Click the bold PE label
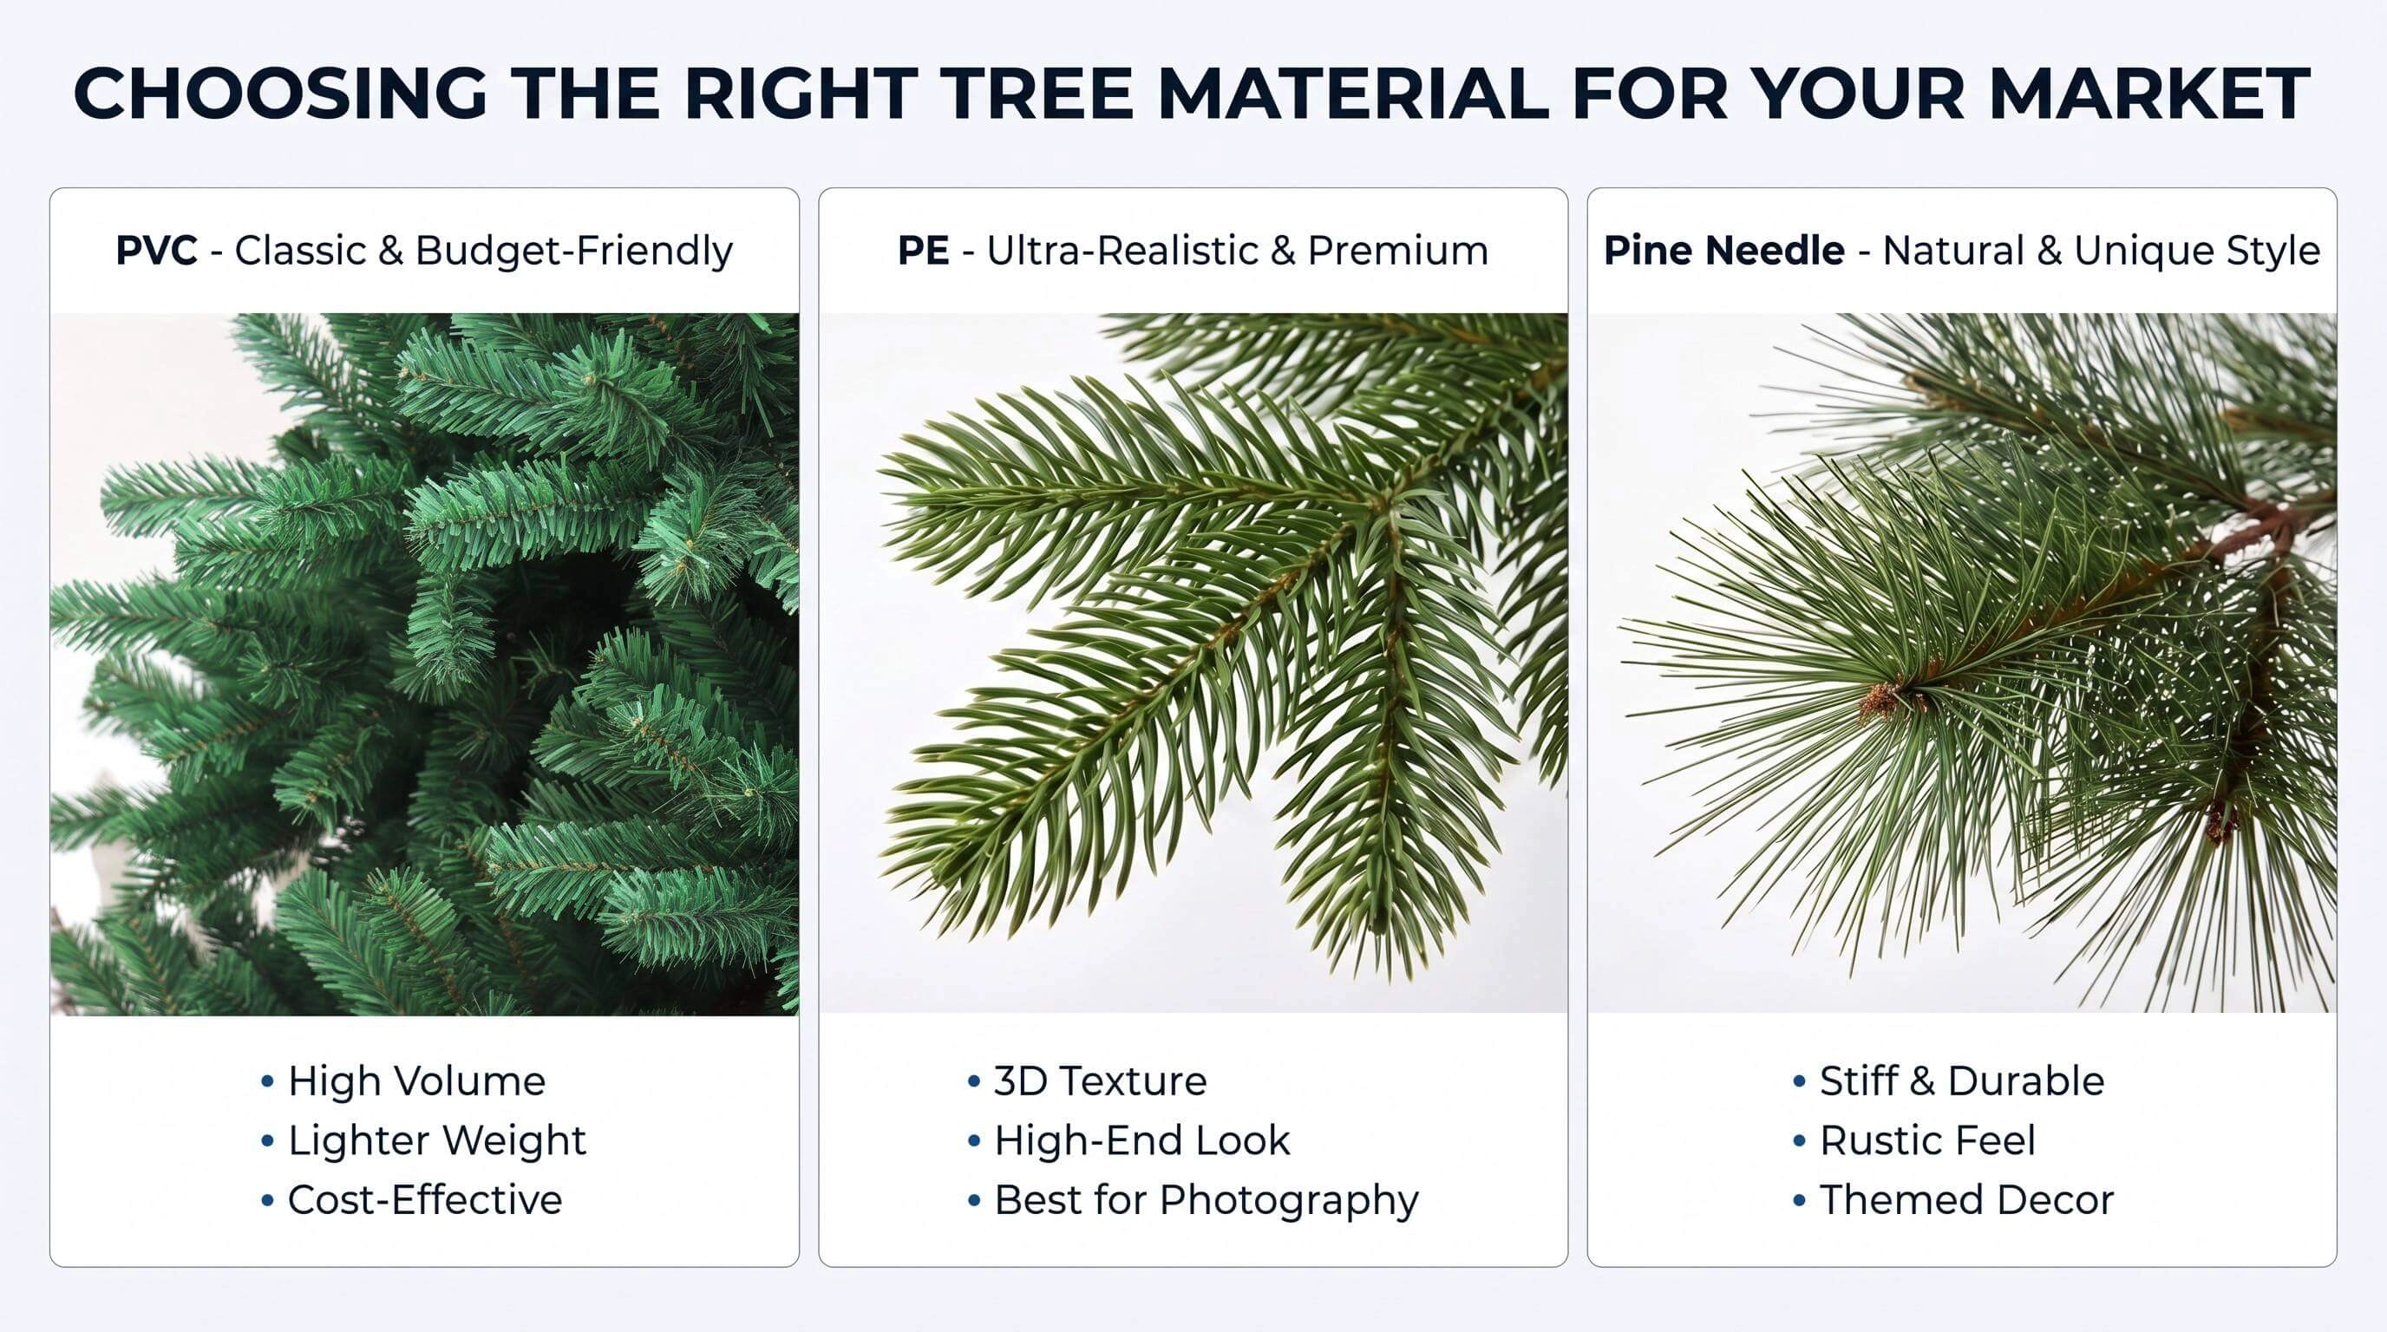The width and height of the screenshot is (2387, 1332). (923, 251)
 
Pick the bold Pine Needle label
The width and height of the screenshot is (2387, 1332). (1723, 251)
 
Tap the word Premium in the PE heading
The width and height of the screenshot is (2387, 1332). (1398, 251)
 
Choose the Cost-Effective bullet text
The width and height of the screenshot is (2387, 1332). (425, 1199)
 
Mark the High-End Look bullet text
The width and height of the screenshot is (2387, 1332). (1142, 1140)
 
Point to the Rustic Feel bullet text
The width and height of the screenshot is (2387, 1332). (1927, 1140)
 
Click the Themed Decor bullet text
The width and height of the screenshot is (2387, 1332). (1967, 1199)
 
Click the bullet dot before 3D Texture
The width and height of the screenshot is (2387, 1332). (974, 1082)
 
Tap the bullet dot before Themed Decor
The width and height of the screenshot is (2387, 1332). (1800, 1200)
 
